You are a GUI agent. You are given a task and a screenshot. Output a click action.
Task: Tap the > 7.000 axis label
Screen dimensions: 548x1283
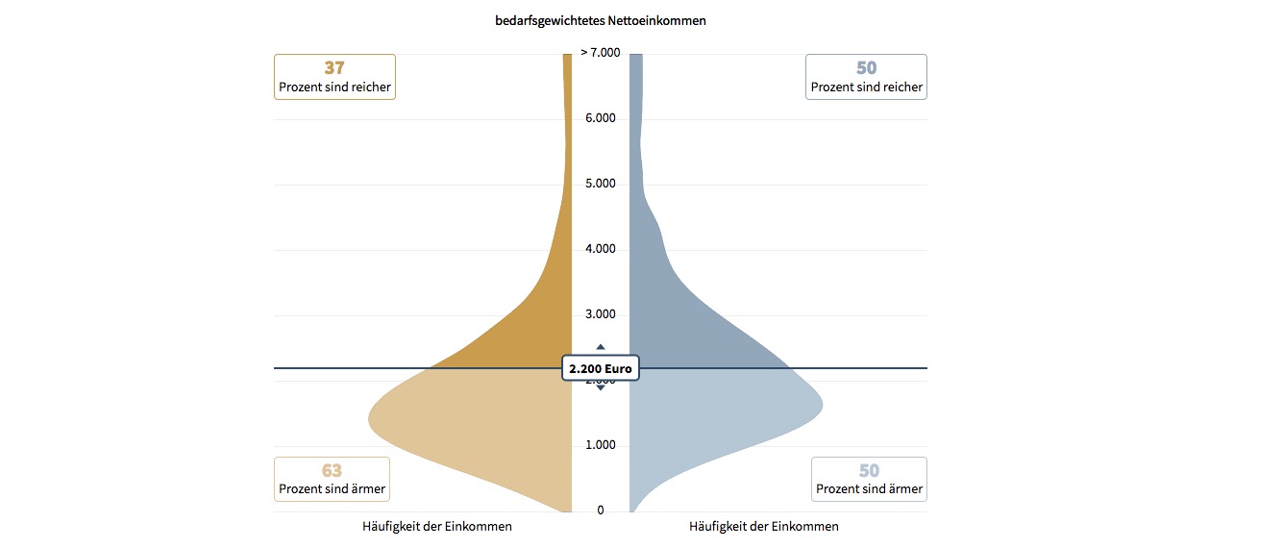click(x=601, y=52)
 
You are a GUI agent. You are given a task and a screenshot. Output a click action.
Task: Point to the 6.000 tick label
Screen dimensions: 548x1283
click(x=601, y=118)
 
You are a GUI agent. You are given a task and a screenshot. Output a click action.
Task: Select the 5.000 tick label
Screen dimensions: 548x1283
click(x=601, y=184)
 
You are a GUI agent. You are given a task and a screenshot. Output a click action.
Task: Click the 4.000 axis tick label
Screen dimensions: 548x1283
click(x=601, y=249)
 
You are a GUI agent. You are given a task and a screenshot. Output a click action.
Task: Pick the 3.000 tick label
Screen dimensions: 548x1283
click(x=601, y=314)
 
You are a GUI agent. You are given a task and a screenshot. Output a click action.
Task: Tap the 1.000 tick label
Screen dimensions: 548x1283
click(x=601, y=445)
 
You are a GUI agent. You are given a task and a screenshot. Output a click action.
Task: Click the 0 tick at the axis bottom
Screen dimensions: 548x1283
click(x=601, y=511)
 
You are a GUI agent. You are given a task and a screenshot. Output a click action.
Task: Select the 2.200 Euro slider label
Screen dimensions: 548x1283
click(x=601, y=368)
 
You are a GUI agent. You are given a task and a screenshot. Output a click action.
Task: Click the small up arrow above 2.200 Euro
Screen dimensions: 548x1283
click(x=601, y=347)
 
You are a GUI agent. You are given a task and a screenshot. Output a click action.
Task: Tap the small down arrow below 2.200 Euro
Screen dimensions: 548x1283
click(x=601, y=387)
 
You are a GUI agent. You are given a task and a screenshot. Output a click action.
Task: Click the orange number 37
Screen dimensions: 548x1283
click(x=334, y=68)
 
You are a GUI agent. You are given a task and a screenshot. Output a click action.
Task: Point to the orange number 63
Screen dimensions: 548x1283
click(x=332, y=471)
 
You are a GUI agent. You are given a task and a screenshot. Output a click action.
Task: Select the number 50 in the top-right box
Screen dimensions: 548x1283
click(x=867, y=68)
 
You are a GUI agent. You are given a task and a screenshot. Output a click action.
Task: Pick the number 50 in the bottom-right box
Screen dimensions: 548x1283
click(x=869, y=471)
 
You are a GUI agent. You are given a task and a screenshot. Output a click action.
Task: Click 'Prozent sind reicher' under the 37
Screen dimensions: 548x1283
click(x=334, y=87)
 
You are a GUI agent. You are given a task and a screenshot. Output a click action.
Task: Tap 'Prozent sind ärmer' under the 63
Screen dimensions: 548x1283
click(x=332, y=489)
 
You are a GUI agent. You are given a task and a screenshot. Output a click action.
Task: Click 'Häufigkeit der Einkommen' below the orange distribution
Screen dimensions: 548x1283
click(x=437, y=527)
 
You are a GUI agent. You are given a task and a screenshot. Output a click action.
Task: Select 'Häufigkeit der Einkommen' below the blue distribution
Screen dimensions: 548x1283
click(x=764, y=527)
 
